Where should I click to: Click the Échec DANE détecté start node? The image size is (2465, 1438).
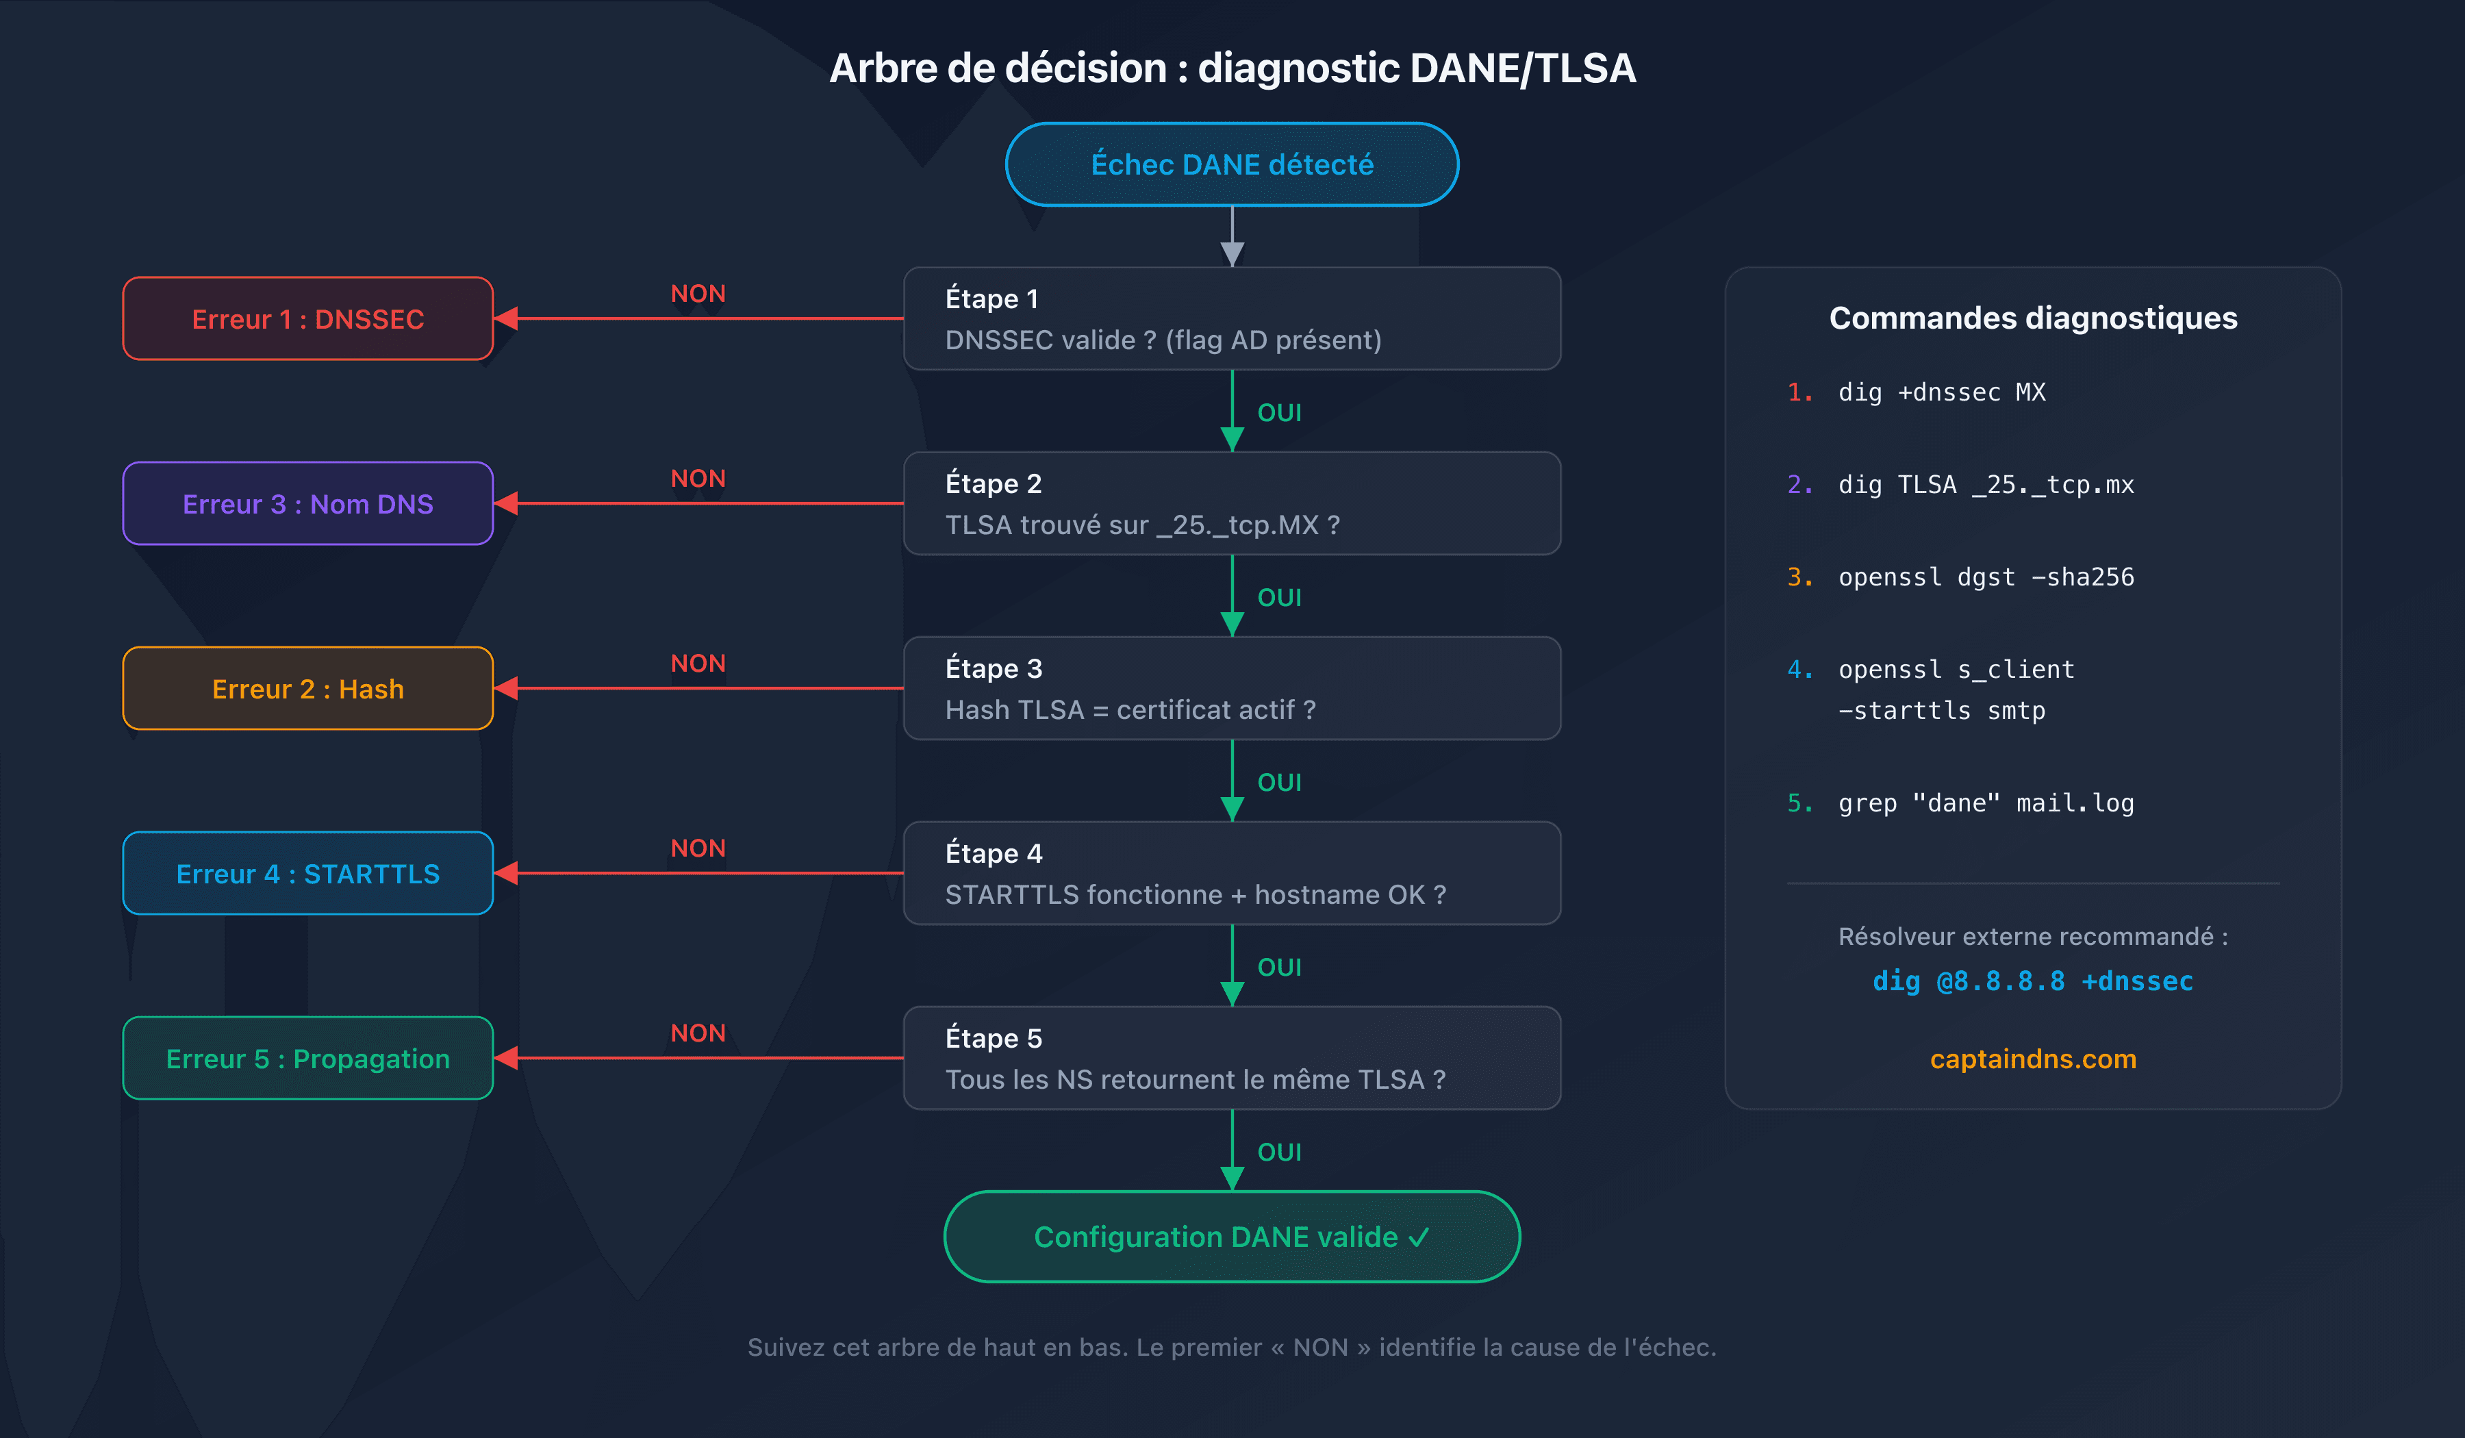1232,164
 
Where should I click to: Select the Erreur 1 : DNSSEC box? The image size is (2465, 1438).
307,319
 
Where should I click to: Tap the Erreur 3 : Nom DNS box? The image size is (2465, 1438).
307,504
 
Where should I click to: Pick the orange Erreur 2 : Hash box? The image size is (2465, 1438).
307,689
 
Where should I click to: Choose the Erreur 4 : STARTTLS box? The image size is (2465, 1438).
307,874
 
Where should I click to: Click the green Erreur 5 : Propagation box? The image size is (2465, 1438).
307,1059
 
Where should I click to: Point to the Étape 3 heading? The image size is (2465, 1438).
993,668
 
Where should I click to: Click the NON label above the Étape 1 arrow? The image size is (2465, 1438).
698,294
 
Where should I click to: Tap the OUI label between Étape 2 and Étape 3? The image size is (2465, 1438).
1278,598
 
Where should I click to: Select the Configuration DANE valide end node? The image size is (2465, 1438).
1232,1237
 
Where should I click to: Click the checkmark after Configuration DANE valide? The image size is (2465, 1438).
1419,1237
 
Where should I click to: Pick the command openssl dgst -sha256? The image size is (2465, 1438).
1985,577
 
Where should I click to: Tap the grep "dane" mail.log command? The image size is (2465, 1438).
1985,803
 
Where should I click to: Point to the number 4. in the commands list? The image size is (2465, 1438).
1799,669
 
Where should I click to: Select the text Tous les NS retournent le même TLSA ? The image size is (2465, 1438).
1194,1079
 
